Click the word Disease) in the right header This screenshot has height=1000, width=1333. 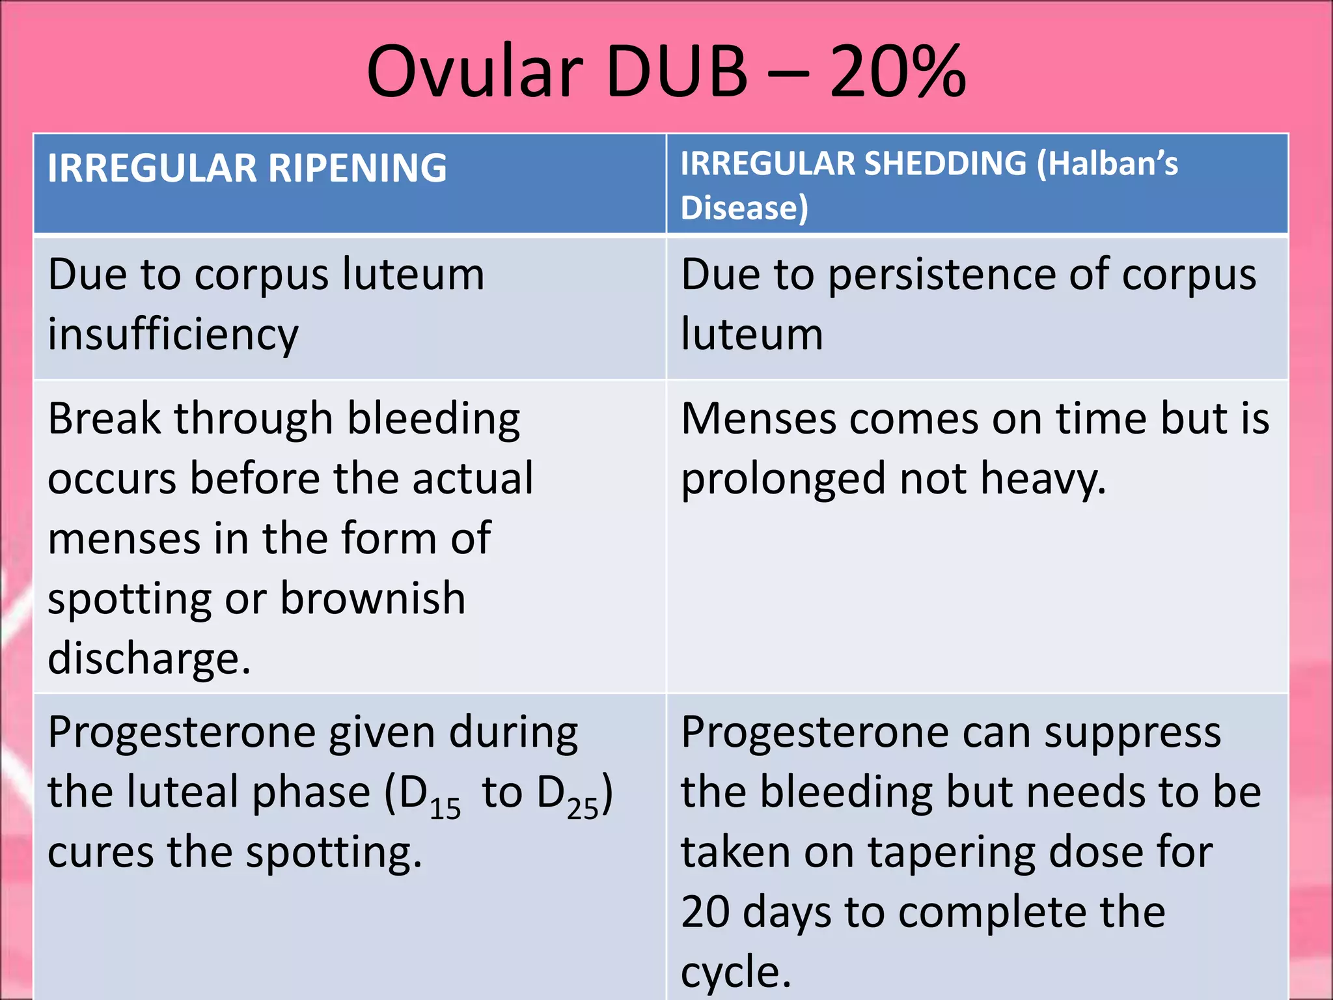pyautogui.click(x=744, y=208)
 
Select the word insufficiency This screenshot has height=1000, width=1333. pyautogui.click(x=173, y=335)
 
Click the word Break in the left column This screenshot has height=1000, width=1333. pyautogui.click(x=104, y=418)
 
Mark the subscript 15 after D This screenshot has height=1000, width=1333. pyautogui.click(x=445, y=809)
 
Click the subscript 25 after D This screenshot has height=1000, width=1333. pyautogui.click(x=583, y=809)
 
